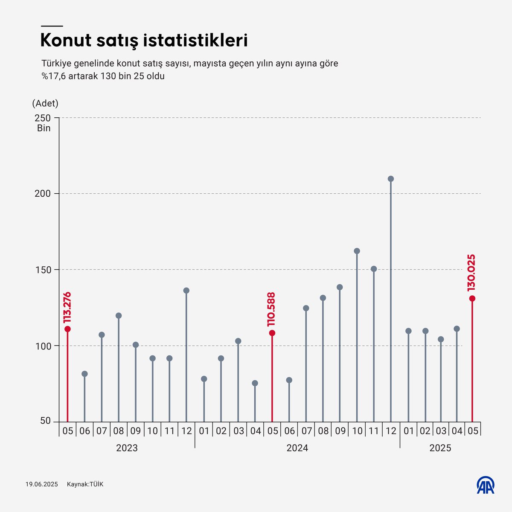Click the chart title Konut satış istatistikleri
click(144, 41)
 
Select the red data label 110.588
click(271, 309)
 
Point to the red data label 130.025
click(471, 273)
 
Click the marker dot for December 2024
click(390, 179)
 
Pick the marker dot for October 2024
click(357, 251)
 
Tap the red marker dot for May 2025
click(472, 298)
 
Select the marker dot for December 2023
click(186, 291)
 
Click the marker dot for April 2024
click(255, 383)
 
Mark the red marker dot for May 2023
click(67, 329)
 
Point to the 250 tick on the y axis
click(43, 118)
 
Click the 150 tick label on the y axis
click(43, 270)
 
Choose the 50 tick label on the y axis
click(46, 421)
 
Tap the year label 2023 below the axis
click(127, 448)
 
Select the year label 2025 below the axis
click(440, 448)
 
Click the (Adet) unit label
click(45, 103)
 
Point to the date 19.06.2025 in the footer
click(41, 484)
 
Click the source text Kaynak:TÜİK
click(85, 484)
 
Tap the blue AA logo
click(485, 485)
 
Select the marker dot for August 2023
click(119, 316)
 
